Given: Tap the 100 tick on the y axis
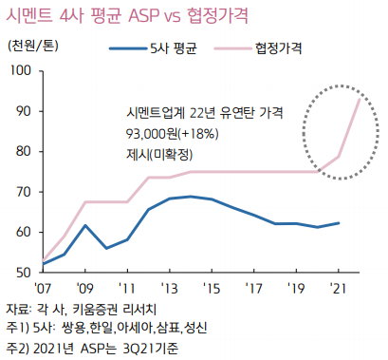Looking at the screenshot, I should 22,71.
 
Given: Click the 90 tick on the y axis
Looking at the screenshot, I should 25,111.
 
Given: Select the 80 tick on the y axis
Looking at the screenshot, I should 25,152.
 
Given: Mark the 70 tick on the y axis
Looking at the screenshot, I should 25,192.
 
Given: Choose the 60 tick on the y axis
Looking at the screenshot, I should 25,233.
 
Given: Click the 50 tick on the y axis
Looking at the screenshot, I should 25,273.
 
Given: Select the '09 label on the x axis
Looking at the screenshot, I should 87,288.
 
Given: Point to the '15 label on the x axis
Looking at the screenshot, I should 213,288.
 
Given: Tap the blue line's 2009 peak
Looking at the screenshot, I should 86,225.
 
